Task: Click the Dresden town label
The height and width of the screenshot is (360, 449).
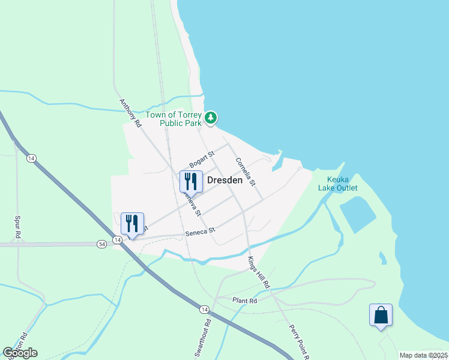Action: click(224, 180)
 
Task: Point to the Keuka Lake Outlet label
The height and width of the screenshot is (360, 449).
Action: click(342, 184)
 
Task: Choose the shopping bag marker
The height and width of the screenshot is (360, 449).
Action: click(381, 314)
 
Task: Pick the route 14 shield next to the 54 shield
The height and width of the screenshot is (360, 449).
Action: click(118, 239)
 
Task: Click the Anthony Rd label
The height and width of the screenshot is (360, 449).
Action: click(130, 113)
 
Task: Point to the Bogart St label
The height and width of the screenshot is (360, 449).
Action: click(202, 160)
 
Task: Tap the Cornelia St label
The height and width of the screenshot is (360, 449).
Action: click(246, 171)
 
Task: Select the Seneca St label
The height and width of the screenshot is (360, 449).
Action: click(200, 231)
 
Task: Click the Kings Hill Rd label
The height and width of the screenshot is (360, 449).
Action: click(259, 271)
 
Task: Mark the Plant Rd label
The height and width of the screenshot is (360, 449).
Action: click(245, 300)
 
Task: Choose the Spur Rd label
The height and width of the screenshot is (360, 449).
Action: click(18, 226)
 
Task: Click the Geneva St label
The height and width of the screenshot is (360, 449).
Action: click(191, 205)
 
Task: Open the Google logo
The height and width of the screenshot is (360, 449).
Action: click(20, 353)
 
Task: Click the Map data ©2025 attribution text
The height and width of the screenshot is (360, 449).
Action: click(423, 355)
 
